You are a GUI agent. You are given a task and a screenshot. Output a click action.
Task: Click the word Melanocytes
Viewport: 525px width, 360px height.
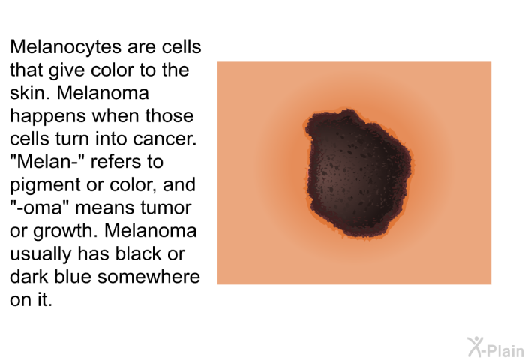[66, 47]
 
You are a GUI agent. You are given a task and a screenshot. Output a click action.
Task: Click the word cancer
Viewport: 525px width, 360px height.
[165, 139]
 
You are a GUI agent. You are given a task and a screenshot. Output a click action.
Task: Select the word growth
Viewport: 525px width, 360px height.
[65, 231]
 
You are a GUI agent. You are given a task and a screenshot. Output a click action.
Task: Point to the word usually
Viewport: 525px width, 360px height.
[40, 254]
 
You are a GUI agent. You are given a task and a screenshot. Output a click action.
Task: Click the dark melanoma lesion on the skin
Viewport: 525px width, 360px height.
[358, 172]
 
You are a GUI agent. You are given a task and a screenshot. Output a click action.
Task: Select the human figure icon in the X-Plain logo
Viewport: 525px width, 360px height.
[475, 346]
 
